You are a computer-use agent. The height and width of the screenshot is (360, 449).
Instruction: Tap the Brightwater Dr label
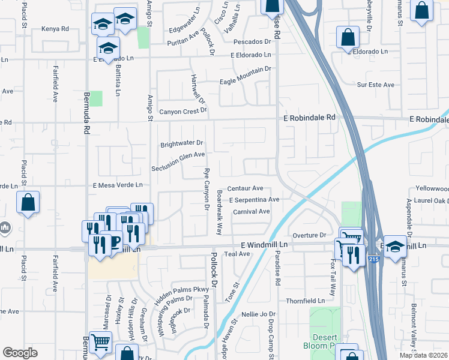[x=182, y=145]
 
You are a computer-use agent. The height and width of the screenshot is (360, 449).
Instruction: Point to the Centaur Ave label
[x=246, y=188]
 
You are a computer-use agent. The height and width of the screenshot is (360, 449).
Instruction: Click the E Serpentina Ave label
[x=254, y=200]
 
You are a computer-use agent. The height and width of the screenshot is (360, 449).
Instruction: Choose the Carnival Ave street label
[x=252, y=212]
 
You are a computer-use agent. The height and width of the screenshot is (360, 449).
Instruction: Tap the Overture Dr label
[x=309, y=235]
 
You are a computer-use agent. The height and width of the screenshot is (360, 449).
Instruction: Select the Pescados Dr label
[x=250, y=42]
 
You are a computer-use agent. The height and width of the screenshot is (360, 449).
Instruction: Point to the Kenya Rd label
[x=56, y=28]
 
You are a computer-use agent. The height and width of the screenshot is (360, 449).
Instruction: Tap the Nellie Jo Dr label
[x=258, y=314]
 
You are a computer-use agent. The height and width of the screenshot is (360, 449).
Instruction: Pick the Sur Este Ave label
[x=376, y=85]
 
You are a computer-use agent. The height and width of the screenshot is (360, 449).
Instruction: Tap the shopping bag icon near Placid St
[x=28, y=203]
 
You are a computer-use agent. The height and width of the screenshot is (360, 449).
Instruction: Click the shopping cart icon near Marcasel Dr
[x=100, y=343]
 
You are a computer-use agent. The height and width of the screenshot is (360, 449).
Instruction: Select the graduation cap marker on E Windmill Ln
[x=395, y=247]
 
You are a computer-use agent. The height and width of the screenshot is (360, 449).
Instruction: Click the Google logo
[x=20, y=353]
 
